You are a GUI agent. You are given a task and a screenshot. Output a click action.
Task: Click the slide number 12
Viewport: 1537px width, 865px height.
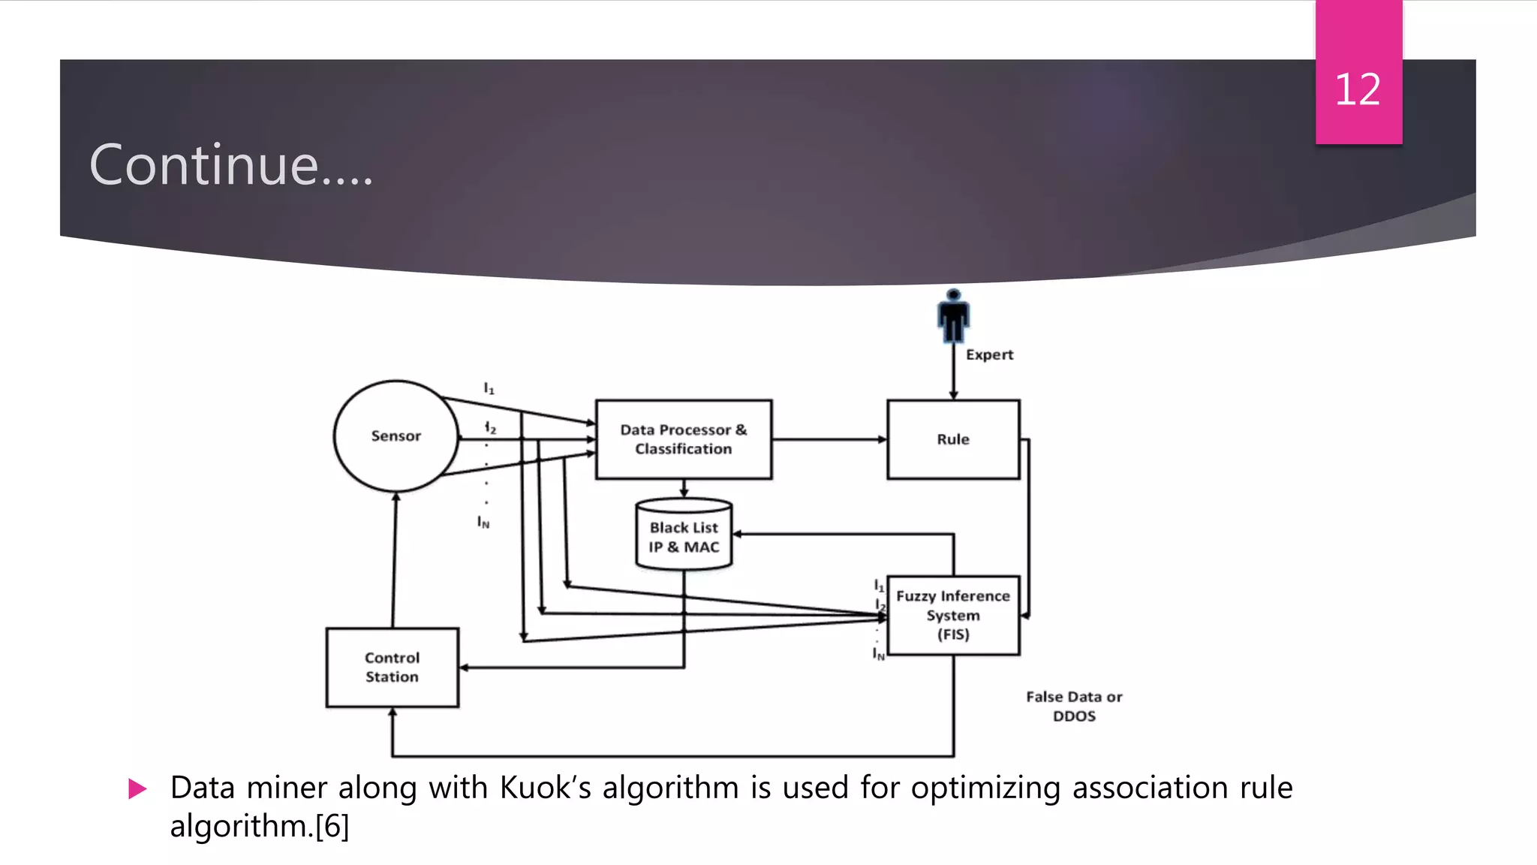1357,90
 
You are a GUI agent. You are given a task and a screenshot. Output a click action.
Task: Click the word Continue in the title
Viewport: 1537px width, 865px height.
204,165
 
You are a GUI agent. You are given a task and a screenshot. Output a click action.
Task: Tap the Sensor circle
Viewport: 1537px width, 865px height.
396,436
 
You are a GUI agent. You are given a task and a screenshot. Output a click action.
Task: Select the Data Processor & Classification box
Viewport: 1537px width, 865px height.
683,439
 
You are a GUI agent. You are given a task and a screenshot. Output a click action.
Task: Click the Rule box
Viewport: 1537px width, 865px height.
953,439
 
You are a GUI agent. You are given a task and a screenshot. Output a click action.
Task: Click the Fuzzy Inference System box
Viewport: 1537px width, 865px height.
953,615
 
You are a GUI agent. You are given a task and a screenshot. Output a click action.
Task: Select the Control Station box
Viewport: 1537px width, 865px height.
392,667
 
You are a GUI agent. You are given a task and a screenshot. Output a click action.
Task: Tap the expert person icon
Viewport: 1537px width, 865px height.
953,316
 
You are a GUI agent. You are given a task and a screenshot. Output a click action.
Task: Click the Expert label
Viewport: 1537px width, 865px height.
989,354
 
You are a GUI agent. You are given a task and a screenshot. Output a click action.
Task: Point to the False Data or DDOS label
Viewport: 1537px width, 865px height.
1074,706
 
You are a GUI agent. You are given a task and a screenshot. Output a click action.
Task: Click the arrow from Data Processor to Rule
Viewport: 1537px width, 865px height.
829,439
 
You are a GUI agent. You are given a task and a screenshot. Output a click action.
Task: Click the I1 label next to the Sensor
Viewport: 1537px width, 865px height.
489,388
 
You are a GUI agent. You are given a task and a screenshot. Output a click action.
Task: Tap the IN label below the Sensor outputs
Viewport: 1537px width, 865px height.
483,522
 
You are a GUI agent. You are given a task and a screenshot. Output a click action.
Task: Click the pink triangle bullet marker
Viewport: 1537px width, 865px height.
137,788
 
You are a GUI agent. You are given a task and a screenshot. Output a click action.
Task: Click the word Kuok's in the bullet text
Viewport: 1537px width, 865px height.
545,788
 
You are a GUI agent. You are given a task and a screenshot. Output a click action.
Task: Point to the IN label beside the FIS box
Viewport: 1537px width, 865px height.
878,654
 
